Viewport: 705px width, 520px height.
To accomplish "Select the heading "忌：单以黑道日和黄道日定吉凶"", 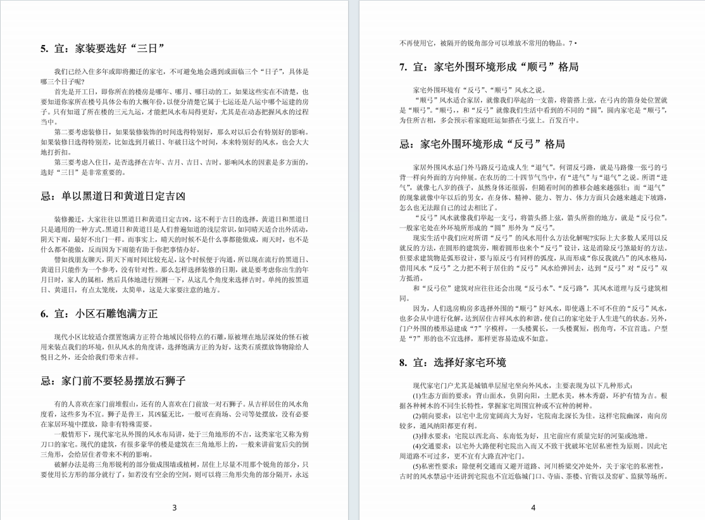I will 113,196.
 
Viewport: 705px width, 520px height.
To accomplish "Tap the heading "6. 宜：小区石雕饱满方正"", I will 99,314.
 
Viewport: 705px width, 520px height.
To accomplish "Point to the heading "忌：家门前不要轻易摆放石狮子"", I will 113,381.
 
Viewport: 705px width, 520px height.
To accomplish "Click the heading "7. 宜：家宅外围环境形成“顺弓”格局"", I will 489,67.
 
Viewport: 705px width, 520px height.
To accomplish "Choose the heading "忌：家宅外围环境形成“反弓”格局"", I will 482,144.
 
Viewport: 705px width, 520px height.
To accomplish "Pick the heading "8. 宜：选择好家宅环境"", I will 452,362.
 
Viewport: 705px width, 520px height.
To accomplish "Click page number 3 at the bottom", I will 175,507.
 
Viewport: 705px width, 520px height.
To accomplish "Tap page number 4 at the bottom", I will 533,507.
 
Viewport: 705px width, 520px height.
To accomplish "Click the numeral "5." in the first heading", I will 44,48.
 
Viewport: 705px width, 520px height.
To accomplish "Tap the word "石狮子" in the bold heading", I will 170,381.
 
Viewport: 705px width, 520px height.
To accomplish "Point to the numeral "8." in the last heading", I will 403,362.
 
